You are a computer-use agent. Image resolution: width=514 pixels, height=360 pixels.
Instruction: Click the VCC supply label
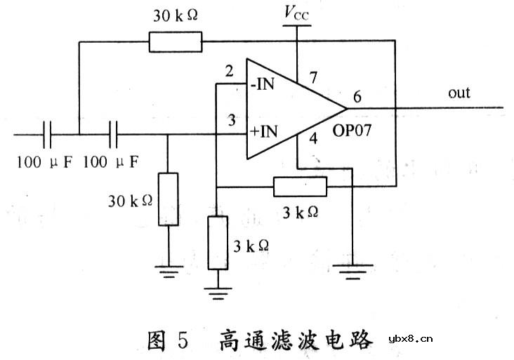tap(296, 12)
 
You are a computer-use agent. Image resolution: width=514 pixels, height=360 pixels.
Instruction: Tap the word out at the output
tap(459, 93)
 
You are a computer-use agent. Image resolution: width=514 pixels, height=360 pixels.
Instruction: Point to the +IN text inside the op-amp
tap(265, 132)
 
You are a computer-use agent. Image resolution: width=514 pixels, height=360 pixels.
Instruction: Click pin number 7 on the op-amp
tap(312, 75)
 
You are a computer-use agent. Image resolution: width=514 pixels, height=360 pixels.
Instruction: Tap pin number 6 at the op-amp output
tap(357, 98)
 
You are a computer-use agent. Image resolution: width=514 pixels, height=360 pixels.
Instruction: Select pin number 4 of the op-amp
tap(313, 138)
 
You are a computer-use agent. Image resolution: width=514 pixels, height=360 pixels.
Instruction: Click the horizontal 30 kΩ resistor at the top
tap(175, 43)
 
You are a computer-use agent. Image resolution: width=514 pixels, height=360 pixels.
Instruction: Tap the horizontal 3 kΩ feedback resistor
tap(300, 187)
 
